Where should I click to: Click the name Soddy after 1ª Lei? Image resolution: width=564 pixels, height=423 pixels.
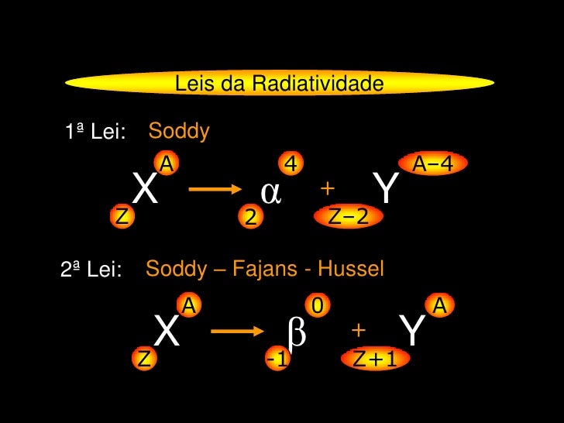tap(179, 132)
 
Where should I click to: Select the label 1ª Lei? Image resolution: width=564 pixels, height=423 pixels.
tap(96, 133)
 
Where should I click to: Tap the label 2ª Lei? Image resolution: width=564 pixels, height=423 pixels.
tap(91, 271)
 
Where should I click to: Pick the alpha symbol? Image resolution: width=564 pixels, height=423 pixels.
tap(270, 191)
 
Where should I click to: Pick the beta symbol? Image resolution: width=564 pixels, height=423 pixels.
tap(296, 333)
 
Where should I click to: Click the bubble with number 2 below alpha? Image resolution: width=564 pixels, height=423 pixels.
tap(249, 219)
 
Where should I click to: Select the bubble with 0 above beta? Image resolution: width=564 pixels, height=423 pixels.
tap(316, 306)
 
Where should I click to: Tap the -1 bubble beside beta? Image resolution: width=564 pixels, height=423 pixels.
tap(277, 359)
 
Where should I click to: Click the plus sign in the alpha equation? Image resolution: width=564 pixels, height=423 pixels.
tap(327, 189)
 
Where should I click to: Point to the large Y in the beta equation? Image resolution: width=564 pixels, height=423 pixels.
tap(414, 332)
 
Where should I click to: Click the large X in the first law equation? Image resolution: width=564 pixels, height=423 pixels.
tap(146, 190)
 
